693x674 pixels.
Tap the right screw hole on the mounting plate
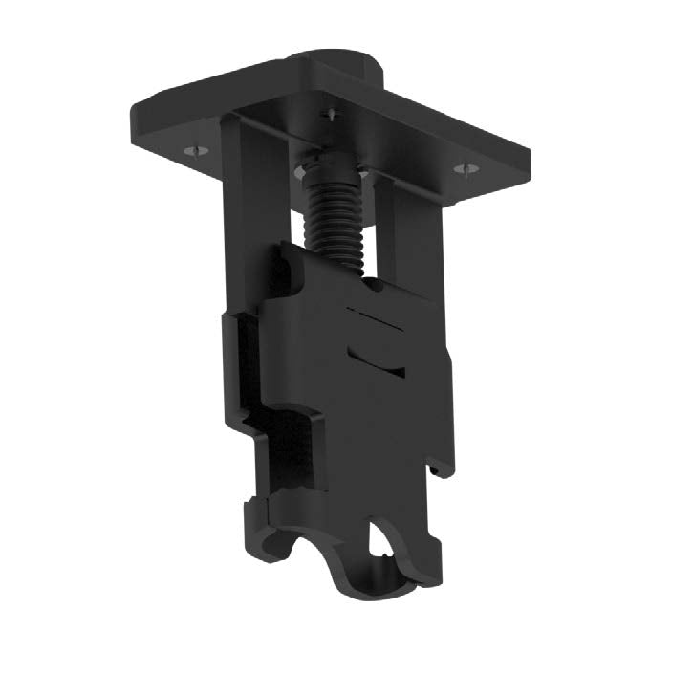466,169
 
